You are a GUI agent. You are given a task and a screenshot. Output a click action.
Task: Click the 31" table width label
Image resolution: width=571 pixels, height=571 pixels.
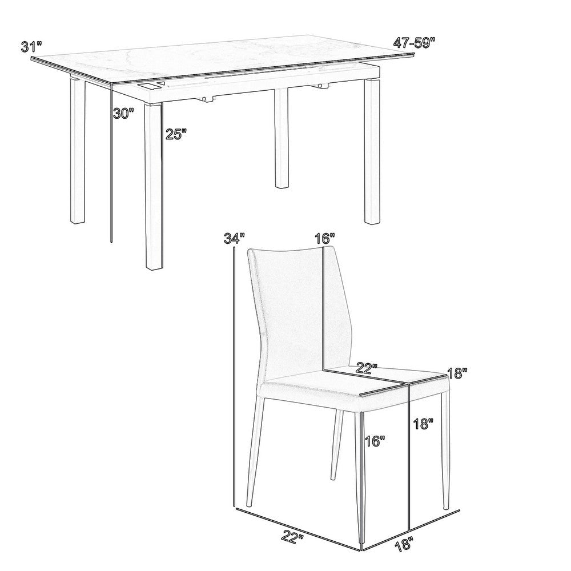(x=31, y=47)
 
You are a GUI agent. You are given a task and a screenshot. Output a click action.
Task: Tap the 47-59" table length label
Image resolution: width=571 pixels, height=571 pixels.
(x=415, y=43)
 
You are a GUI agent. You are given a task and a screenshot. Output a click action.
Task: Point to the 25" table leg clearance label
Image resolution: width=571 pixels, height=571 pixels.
(x=176, y=134)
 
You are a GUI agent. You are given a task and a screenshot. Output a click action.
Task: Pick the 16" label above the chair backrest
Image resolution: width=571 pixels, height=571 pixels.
(x=325, y=239)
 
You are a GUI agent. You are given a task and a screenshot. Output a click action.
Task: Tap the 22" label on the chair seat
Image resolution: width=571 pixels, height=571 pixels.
(x=367, y=368)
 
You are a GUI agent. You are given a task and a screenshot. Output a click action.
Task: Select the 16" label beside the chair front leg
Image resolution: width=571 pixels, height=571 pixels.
(x=375, y=441)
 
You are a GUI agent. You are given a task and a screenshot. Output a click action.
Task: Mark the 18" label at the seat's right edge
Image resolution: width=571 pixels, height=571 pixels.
(x=457, y=373)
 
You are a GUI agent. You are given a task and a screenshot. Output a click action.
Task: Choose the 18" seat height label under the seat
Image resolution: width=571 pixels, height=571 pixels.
(x=424, y=424)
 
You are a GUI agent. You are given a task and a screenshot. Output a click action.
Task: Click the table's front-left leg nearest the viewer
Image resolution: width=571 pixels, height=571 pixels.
(x=154, y=186)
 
